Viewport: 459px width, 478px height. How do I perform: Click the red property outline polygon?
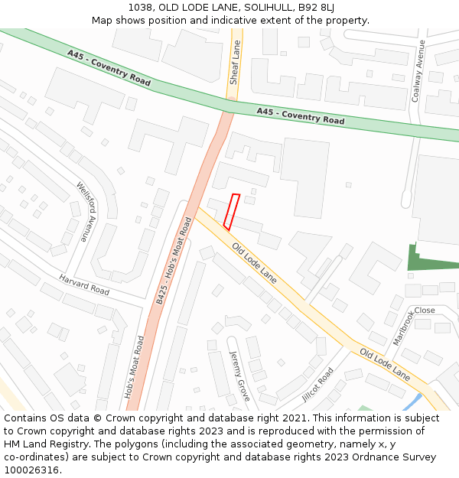click(232, 212)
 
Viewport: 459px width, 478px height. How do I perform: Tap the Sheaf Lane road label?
click(236, 62)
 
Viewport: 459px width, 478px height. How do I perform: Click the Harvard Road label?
click(84, 285)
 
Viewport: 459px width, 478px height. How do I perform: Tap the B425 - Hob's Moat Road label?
click(174, 260)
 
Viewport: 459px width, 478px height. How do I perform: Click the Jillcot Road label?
click(317, 384)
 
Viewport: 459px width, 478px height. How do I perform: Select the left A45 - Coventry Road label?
click(98, 67)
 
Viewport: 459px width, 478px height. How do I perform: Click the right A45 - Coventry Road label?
click(300, 116)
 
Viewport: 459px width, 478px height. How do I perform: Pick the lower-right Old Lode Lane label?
click(385, 366)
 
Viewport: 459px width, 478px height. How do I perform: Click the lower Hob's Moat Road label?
click(133, 367)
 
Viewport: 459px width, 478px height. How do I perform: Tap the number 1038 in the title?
click(140, 7)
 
